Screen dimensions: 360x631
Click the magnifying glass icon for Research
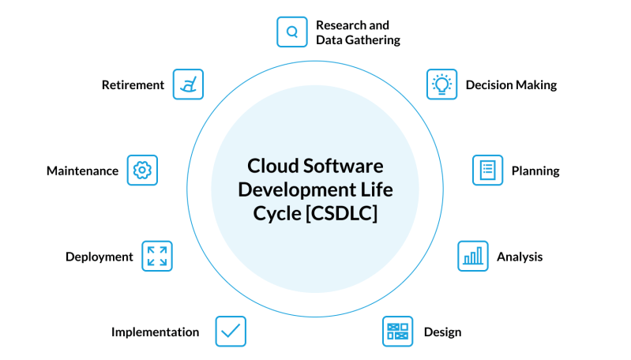291,32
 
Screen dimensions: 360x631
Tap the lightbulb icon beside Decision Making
441,84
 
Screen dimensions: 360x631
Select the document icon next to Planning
487,171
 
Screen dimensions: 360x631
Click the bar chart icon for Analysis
473,257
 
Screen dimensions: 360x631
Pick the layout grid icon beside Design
397,332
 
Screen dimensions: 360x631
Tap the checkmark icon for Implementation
231,332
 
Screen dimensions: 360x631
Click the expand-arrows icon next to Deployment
157,257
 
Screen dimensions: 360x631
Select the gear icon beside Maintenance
142,171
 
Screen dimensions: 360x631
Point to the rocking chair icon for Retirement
188,84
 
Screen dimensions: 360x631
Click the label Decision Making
511,85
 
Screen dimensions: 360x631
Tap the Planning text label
535,171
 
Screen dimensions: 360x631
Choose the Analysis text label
520,257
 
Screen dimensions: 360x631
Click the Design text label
442,332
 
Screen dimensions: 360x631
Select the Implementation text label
155,332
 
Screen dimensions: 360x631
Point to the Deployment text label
100,257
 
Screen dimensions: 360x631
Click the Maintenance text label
82,171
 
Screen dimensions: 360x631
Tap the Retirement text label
133,85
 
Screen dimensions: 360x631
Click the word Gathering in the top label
372,40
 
